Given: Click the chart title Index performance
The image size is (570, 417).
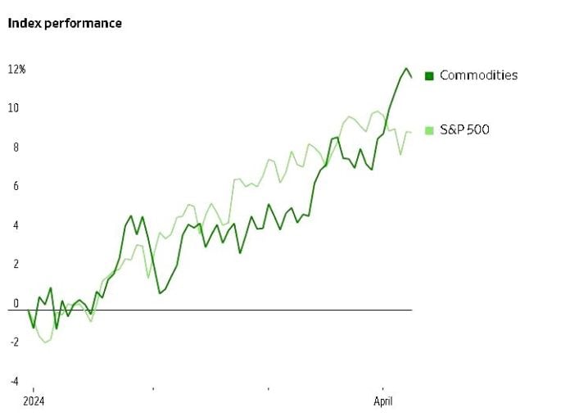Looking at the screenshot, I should (x=65, y=23).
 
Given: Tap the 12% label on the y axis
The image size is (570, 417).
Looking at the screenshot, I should (x=17, y=70).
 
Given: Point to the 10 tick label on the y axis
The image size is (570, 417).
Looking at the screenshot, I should (x=14, y=108).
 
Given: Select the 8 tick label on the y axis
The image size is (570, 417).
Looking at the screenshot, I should (x=14, y=147).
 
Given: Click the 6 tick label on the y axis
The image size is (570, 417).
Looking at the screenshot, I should (x=14, y=186).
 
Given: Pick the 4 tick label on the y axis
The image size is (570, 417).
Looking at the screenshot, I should (x=14, y=225).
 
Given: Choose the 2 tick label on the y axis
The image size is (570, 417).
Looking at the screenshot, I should (x=14, y=264).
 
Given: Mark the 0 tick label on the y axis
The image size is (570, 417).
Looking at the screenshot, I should (x=14, y=303).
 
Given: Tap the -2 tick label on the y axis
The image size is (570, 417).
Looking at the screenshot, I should (x=12, y=342).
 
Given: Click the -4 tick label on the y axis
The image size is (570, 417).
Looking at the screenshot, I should (x=12, y=381).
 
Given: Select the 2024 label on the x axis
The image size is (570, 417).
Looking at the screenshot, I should (x=34, y=401).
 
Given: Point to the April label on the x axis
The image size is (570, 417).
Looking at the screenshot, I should (x=382, y=401).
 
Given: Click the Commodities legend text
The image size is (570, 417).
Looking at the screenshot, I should (x=478, y=75).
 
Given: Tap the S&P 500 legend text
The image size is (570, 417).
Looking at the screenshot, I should (x=464, y=129).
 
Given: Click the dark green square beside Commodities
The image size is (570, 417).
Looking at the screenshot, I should (x=428, y=76).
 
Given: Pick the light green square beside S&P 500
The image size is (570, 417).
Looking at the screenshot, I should (x=428, y=130).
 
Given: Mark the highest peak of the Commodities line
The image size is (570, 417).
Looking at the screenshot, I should (x=405, y=68).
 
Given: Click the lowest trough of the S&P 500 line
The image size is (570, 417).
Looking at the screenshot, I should (x=46, y=342).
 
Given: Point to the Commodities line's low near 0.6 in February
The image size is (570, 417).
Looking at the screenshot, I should (x=160, y=292).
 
